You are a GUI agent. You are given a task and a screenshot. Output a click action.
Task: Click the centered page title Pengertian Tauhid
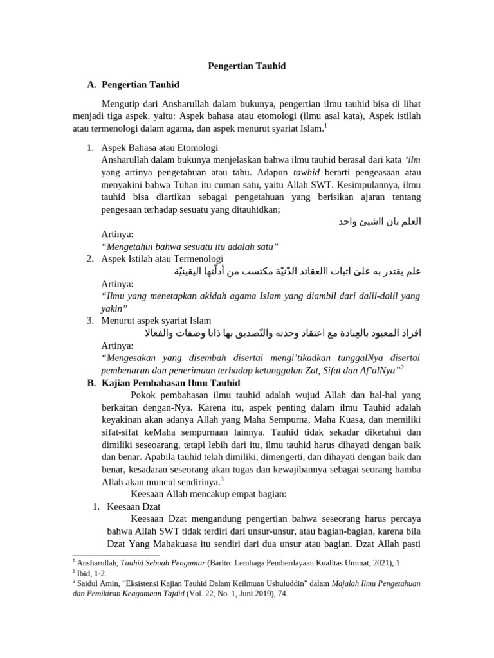point(247,66)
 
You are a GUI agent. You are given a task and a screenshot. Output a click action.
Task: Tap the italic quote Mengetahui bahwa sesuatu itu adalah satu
point(190,246)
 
